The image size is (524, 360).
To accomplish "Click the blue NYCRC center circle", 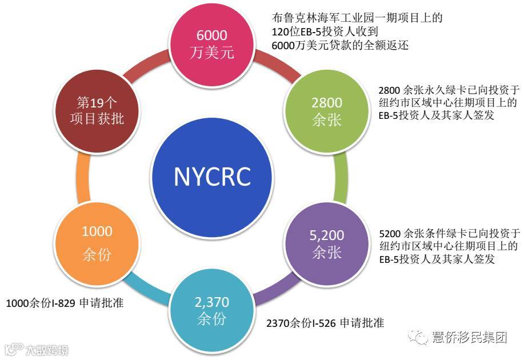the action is (x=212, y=177).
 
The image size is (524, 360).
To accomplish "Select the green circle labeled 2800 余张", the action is (x=327, y=111).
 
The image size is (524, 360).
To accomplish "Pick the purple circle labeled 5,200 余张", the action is (x=327, y=243).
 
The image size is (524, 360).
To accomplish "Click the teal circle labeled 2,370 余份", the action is (x=212, y=309).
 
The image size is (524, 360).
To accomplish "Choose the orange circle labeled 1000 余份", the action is (x=97, y=242).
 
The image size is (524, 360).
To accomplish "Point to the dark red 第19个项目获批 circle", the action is (x=100, y=110).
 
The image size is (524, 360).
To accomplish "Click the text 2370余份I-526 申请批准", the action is (x=325, y=323).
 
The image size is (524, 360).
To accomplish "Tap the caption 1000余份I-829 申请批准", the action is (x=65, y=303).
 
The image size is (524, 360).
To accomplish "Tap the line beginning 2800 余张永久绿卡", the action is (x=449, y=90).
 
